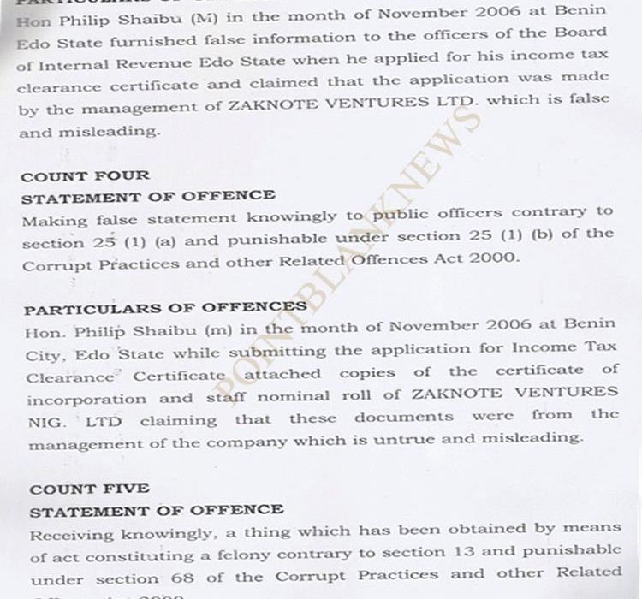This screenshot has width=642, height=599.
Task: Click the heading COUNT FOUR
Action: [x=85, y=175]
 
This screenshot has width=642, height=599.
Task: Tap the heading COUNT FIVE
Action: [x=90, y=489]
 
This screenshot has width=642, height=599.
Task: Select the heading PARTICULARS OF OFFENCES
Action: [x=165, y=307]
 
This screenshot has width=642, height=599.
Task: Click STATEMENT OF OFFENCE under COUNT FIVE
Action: [x=157, y=510]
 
